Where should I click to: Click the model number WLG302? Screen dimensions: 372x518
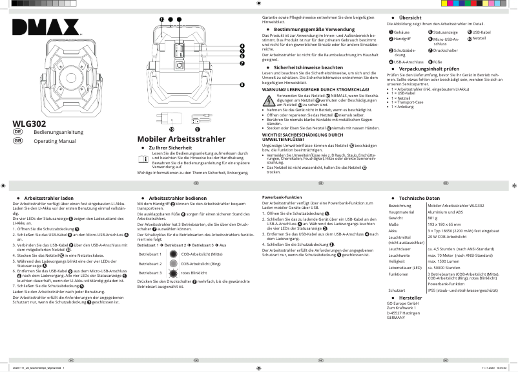pyautogui.click(x=29, y=123)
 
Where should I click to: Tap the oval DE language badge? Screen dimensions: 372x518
pyautogui.click(x=18, y=132)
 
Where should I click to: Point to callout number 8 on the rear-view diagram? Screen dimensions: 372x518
pyautogui.click(x=242, y=85)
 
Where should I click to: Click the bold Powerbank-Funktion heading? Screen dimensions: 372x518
pyautogui.click(x=282, y=196)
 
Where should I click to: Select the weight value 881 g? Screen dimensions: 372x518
pyautogui.click(x=433, y=218)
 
